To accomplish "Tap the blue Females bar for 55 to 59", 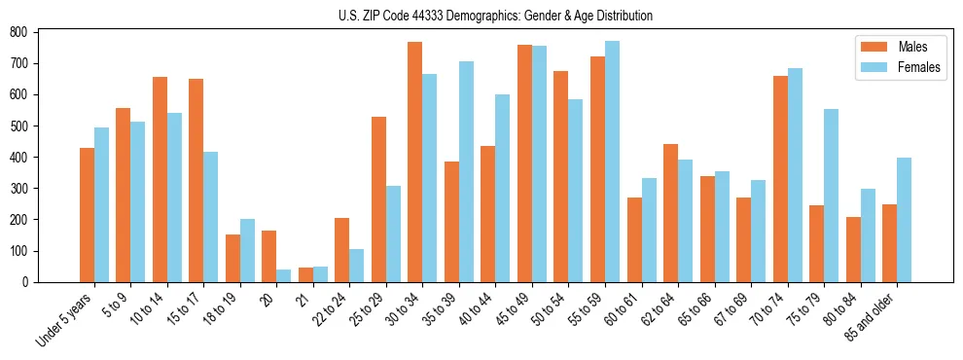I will click(x=612, y=162).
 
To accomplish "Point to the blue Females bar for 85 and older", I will click(x=904, y=220).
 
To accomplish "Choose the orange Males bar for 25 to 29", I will click(x=378, y=199).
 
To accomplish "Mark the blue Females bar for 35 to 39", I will click(x=466, y=171).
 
